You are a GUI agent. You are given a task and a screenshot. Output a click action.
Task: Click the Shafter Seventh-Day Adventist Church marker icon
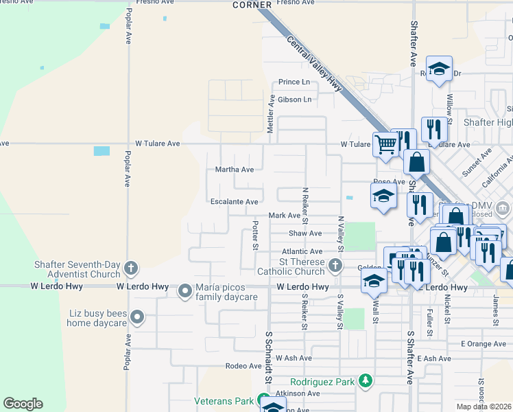click(x=131, y=267)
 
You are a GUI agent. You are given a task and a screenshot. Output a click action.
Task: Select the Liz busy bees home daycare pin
click(x=138, y=317)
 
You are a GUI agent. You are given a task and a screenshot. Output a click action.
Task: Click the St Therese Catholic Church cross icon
click(x=335, y=264)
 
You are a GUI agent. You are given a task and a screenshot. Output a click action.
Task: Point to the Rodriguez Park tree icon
click(x=366, y=380)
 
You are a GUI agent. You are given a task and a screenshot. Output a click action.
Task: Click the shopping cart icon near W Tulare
click(x=385, y=144)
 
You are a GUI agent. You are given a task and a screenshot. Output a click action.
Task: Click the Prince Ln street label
click(x=294, y=82)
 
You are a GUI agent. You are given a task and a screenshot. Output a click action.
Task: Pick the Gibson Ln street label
click(x=294, y=100)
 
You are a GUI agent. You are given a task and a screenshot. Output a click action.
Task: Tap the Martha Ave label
click(x=235, y=170)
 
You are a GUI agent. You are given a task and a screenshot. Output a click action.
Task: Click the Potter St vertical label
click(x=255, y=235)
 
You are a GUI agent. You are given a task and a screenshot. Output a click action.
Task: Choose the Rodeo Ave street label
click(x=244, y=366)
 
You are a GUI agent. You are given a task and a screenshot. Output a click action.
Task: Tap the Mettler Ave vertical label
click(x=271, y=113)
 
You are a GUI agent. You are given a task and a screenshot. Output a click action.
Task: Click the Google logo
click(x=23, y=404)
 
